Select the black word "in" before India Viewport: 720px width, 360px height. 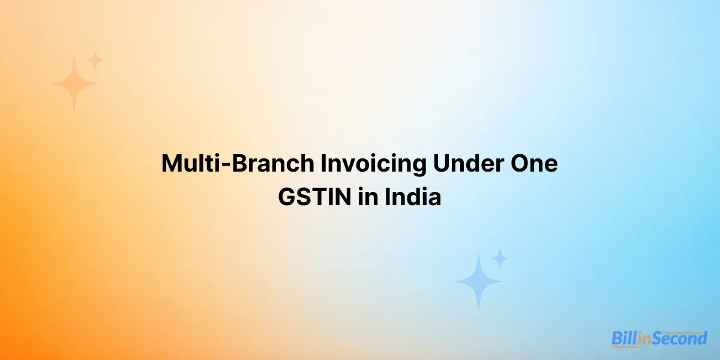point(368,197)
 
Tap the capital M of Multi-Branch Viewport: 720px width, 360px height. point(173,164)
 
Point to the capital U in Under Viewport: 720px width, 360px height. point(441,164)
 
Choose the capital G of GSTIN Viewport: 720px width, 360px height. point(286,197)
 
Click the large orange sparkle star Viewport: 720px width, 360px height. point(74,84)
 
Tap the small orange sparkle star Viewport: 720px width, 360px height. point(95,60)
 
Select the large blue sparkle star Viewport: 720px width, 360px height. point(478,281)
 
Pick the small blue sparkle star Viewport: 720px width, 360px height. point(499,259)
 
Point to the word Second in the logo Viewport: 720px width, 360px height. point(677,340)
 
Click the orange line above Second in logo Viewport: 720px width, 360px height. point(677,331)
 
